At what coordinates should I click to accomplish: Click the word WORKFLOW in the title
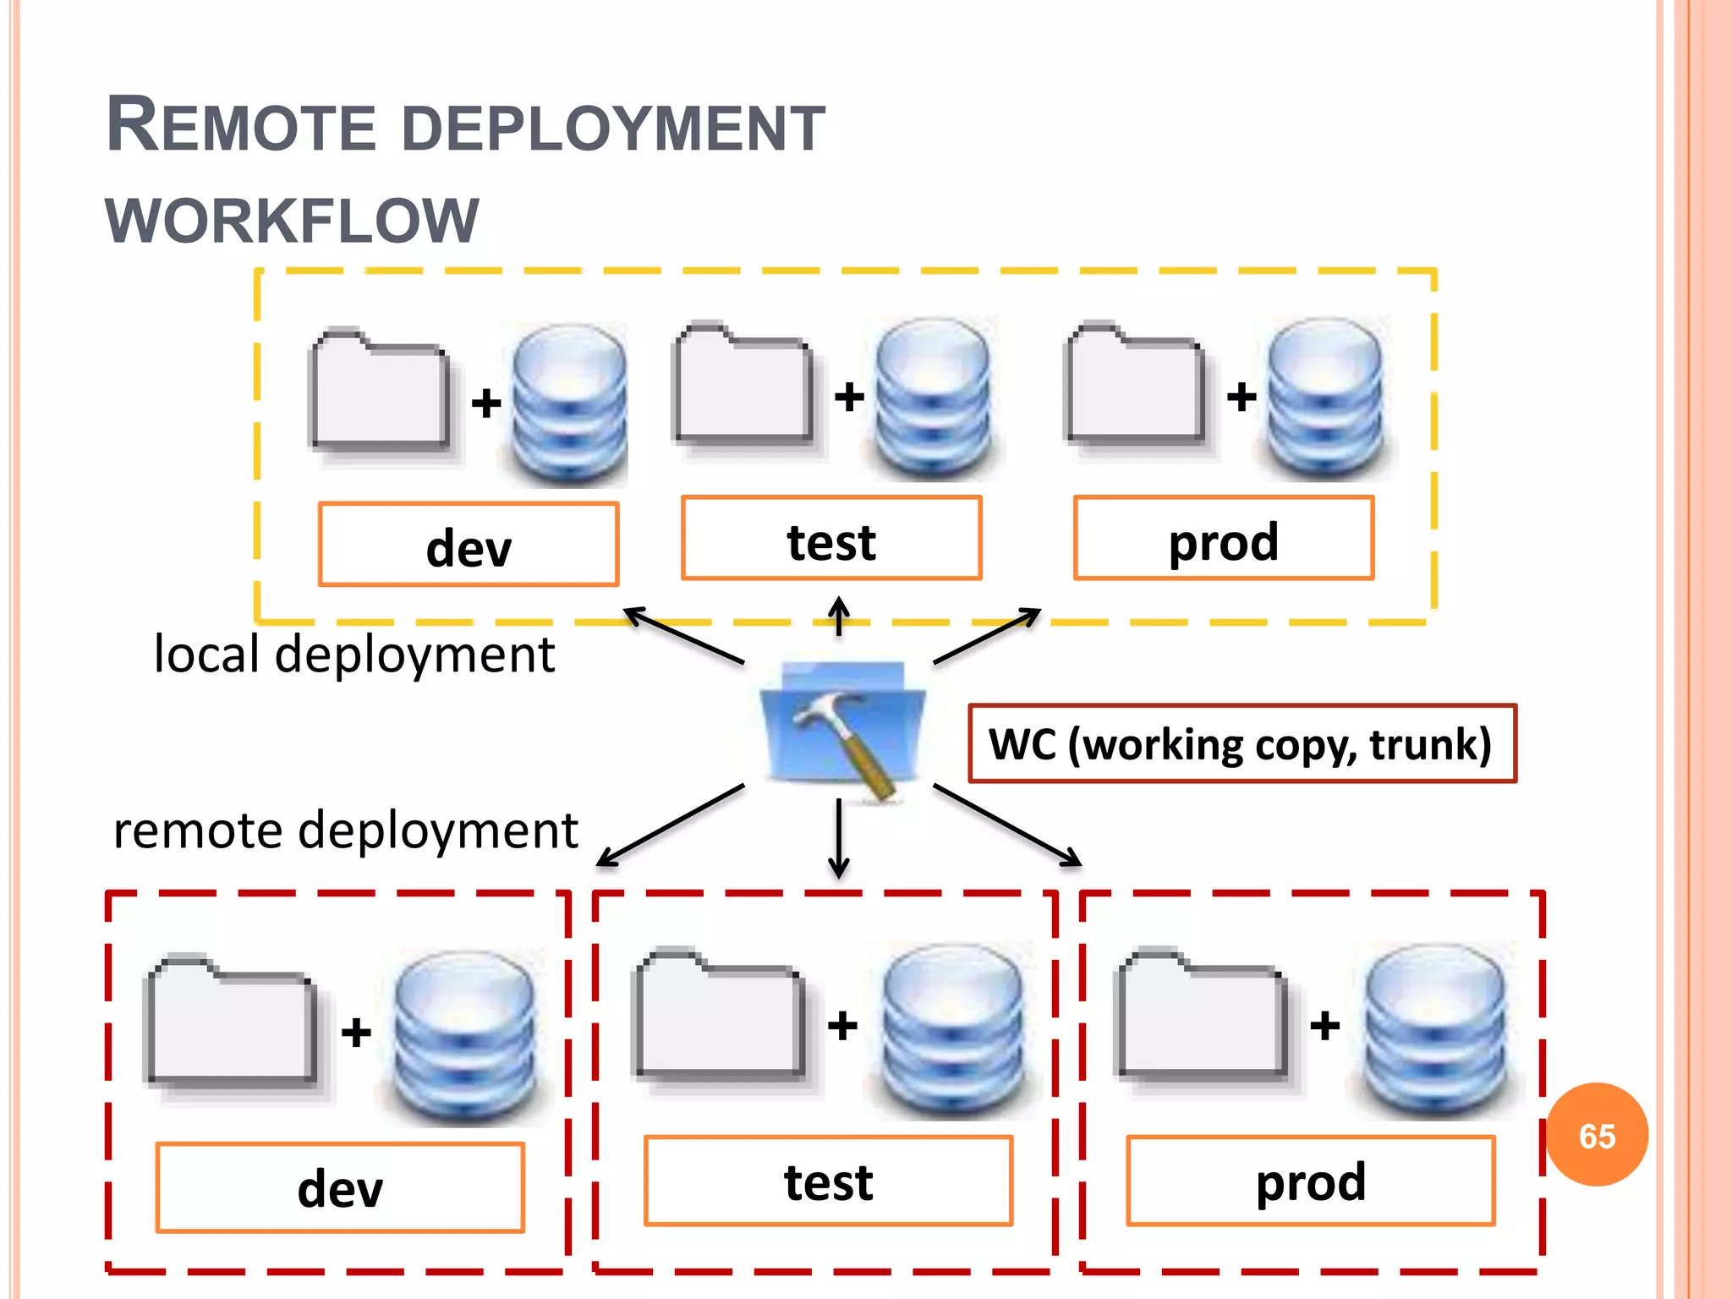(292, 222)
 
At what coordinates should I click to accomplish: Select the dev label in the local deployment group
(469, 545)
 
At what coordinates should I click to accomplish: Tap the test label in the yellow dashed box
(831, 540)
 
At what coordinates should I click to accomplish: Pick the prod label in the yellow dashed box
(1223, 540)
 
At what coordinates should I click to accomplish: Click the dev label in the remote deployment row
(340, 1187)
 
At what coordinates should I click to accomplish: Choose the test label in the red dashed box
(828, 1181)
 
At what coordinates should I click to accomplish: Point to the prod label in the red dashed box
(1310, 1181)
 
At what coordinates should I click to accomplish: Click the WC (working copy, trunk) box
(1241, 744)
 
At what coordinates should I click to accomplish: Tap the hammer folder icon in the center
(842, 727)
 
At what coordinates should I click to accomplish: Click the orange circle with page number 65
(1597, 1135)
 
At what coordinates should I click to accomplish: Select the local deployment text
(354, 655)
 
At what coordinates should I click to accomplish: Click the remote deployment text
(345, 830)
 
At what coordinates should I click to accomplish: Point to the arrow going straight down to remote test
(838, 837)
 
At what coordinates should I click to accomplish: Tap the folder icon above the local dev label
(380, 389)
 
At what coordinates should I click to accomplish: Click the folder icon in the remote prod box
(1202, 1015)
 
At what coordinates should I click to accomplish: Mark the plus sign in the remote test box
(842, 1026)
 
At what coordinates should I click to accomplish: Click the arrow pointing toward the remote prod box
(1006, 825)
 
